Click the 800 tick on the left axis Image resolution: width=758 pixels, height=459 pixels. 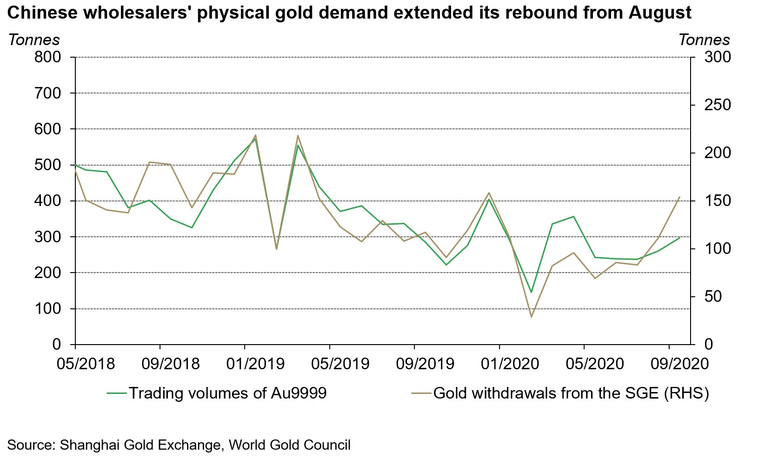(x=48, y=58)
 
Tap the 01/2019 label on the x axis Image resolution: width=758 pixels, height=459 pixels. (x=255, y=363)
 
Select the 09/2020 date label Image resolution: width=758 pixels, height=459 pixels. (x=679, y=363)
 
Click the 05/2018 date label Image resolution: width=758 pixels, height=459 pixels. (x=86, y=363)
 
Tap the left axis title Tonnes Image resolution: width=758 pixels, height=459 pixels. (x=33, y=40)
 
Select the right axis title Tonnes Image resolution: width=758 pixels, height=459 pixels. (x=704, y=40)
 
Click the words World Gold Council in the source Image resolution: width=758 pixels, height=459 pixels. (x=289, y=445)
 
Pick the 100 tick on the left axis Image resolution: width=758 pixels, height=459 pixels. (x=48, y=309)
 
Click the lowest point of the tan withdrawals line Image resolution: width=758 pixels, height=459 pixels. (x=531, y=317)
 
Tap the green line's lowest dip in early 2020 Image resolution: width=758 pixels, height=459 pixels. (x=531, y=293)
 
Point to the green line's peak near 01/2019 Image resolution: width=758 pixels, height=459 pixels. (x=255, y=139)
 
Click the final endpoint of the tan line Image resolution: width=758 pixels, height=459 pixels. (x=680, y=197)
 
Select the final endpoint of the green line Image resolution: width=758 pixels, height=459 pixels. (x=680, y=238)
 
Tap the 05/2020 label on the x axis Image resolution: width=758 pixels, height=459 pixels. (x=595, y=363)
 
